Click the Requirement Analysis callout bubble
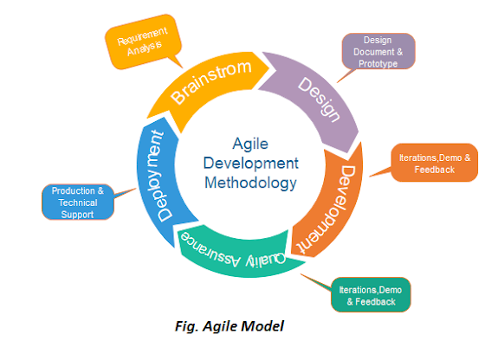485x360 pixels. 144,42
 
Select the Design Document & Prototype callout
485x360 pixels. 378,53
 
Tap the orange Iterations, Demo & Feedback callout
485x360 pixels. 433,163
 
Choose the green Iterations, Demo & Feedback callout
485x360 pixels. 371,294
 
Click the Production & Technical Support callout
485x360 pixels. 78,202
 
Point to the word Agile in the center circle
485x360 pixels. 249,145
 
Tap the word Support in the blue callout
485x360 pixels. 78,213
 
